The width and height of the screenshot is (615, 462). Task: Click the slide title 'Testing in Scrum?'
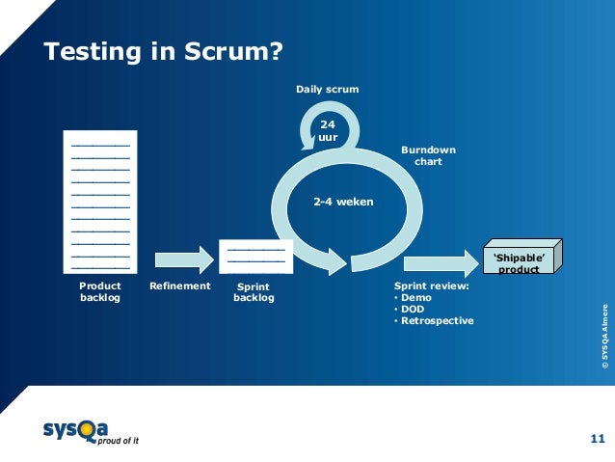(x=164, y=51)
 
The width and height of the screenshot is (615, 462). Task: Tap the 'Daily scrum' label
(x=327, y=89)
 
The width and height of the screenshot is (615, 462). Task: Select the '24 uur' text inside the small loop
(x=328, y=130)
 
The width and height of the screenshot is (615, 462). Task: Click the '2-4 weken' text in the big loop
(x=343, y=203)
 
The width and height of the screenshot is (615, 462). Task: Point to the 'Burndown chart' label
(x=428, y=156)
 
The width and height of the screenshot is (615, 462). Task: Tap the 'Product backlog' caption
(x=100, y=292)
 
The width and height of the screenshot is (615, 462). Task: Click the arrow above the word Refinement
(x=184, y=258)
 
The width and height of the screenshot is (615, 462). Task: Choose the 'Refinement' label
(x=180, y=286)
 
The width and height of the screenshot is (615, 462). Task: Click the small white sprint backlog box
(x=255, y=258)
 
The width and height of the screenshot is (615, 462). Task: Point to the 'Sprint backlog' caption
(x=254, y=292)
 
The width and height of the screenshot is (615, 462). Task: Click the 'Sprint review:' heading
(x=432, y=286)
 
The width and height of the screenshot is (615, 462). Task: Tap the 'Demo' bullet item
(x=416, y=298)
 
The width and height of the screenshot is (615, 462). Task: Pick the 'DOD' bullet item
(x=414, y=310)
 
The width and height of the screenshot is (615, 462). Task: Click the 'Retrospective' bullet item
(x=437, y=321)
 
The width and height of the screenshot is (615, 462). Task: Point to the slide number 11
(x=596, y=439)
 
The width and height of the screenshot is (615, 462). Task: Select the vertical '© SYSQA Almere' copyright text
(x=604, y=337)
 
